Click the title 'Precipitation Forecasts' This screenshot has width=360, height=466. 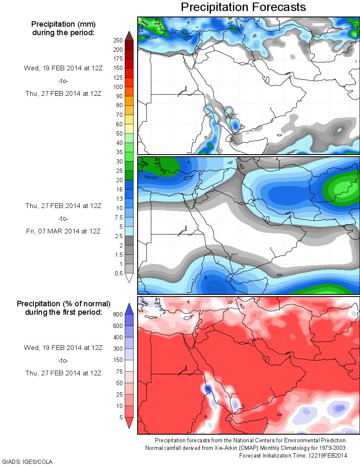(x=243, y=7)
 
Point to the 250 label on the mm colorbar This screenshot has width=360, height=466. (x=117, y=40)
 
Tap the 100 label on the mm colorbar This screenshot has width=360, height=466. (x=117, y=87)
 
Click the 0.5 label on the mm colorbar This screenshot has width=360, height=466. (x=118, y=273)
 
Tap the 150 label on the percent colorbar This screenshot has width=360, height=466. (x=117, y=360)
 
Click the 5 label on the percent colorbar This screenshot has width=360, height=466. (x=120, y=417)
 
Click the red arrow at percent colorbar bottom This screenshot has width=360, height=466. (x=129, y=422)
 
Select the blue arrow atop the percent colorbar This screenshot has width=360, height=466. (x=129, y=308)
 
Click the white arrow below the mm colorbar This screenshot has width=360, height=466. (x=129, y=278)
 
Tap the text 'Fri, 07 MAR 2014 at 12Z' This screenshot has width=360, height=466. (x=63, y=232)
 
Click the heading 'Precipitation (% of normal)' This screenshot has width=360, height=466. (x=64, y=304)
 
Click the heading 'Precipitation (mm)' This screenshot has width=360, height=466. (x=63, y=24)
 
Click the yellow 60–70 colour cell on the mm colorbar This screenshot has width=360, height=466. (x=129, y=119)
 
